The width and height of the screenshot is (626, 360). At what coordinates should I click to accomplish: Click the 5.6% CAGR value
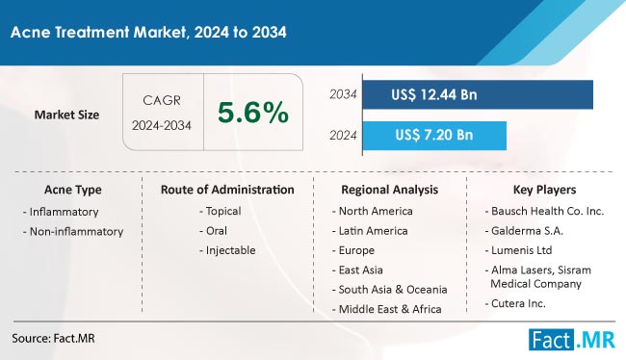tap(253, 113)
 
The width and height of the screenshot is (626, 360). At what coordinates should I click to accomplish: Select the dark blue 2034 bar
tap(478, 94)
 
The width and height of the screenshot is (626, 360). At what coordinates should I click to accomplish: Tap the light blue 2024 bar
tap(434, 136)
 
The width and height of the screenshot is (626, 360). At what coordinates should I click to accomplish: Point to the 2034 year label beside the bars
tap(343, 94)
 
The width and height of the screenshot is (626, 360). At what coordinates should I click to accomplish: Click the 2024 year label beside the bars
tap(343, 136)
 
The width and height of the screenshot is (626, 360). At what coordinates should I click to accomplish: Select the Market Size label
tap(66, 115)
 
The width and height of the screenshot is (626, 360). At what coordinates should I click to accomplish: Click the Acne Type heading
tap(73, 190)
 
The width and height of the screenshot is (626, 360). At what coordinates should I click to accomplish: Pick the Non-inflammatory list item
tap(73, 231)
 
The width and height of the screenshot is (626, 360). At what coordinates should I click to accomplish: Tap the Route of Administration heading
tap(227, 190)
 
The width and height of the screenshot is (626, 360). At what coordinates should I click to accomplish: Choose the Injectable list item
tap(227, 250)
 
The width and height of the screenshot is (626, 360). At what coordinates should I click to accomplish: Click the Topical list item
tap(221, 211)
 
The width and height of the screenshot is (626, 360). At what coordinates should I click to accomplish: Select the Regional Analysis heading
tap(390, 190)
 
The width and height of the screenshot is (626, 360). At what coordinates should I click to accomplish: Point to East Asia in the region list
tap(357, 270)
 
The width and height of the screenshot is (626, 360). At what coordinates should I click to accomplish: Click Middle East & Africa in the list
tap(387, 309)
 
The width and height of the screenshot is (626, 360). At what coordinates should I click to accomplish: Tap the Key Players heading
tap(544, 190)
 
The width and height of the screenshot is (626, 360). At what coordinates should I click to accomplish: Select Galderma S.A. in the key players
tap(524, 231)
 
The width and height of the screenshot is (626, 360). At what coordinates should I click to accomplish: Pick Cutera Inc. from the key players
tap(515, 304)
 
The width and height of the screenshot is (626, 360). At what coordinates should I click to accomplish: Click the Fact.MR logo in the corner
tap(572, 340)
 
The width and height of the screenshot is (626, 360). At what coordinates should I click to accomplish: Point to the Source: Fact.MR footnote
tap(54, 339)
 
